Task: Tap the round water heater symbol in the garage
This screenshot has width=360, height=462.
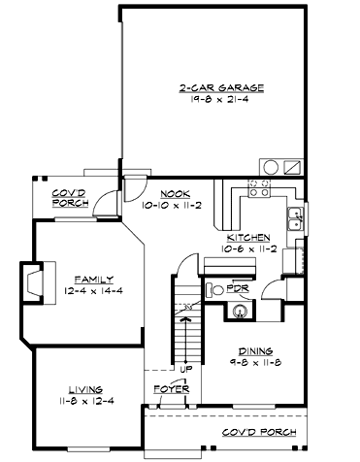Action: click(x=267, y=165)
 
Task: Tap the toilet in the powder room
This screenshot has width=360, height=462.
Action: click(x=214, y=288)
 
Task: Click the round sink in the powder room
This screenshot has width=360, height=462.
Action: click(x=237, y=312)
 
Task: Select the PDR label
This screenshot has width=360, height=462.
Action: click(x=238, y=288)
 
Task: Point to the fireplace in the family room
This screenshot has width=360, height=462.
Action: click(x=31, y=283)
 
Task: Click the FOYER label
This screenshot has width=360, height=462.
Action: click(x=170, y=388)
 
